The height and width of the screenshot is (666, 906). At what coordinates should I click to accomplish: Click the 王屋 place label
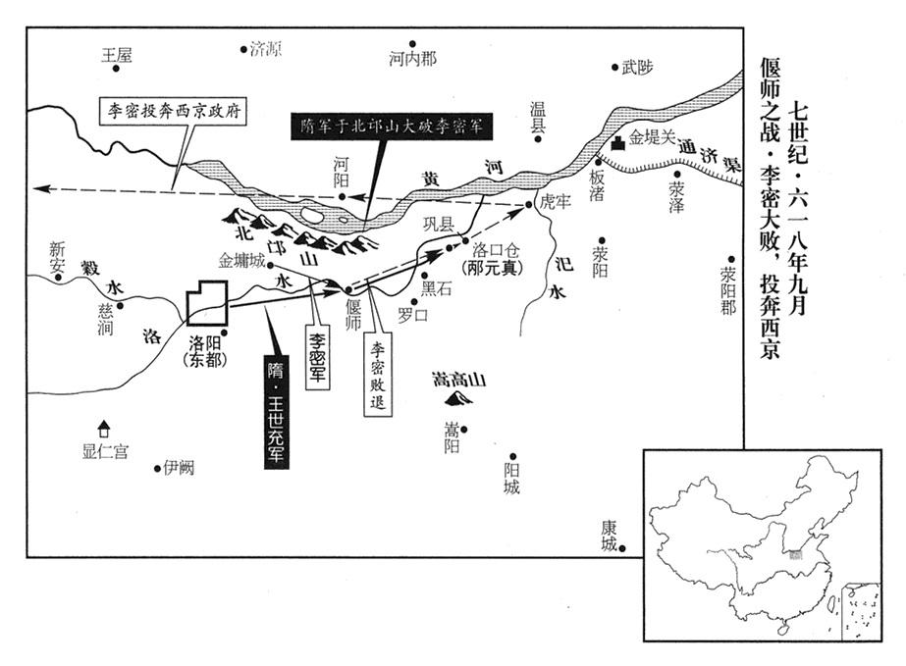click(117, 56)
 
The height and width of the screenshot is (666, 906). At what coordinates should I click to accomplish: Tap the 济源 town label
click(265, 48)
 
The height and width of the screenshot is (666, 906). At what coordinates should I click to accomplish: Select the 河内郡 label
click(412, 59)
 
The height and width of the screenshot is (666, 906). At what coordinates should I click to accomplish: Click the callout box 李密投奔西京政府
click(176, 111)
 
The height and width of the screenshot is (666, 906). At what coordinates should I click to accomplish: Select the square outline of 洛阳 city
click(208, 302)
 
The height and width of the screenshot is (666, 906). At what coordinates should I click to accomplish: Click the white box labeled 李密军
click(319, 357)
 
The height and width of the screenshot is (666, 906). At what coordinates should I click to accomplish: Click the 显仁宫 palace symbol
click(102, 428)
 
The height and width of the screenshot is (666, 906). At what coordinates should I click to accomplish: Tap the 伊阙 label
click(180, 468)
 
